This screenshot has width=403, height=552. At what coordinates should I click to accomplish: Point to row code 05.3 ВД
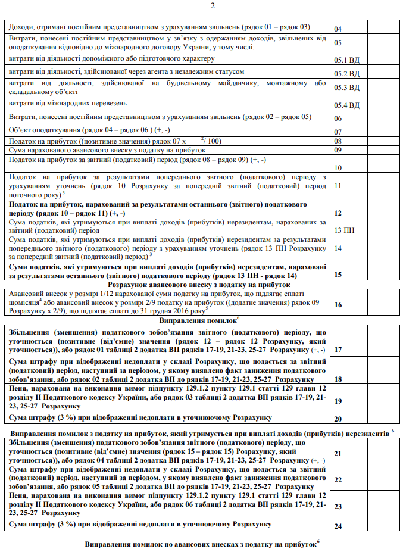tap(346, 88)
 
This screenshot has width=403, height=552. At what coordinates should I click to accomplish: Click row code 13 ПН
tap(345, 230)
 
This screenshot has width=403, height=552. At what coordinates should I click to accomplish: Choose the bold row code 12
tap(338, 213)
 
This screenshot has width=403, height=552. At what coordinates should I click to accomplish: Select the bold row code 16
tap(338, 305)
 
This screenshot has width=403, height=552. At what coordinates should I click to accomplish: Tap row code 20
tap(338, 419)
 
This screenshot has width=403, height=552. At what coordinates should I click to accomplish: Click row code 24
tap(338, 526)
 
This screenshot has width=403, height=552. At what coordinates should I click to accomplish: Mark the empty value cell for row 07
tap(382, 131)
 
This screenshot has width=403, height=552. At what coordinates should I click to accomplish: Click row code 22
tap(338, 479)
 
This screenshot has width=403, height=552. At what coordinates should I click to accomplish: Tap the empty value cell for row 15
tap(382, 273)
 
